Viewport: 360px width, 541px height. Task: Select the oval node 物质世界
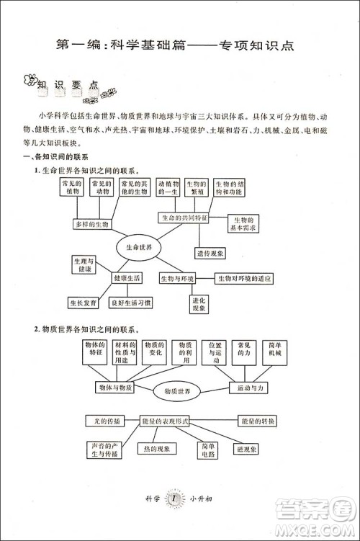tap(177, 391)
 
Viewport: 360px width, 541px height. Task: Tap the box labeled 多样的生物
tap(91, 225)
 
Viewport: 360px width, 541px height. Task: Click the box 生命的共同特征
tap(184, 217)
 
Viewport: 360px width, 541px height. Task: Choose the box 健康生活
tap(125, 277)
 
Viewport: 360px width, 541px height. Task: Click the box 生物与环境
tap(177, 278)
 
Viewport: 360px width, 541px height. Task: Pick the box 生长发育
tap(84, 303)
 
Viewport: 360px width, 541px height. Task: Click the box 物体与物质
tap(114, 388)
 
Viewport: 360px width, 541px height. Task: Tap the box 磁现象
tap(246, 450)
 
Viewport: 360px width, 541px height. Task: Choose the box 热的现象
tap(156, 449)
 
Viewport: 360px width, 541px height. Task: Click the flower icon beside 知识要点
tap(30, 79)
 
